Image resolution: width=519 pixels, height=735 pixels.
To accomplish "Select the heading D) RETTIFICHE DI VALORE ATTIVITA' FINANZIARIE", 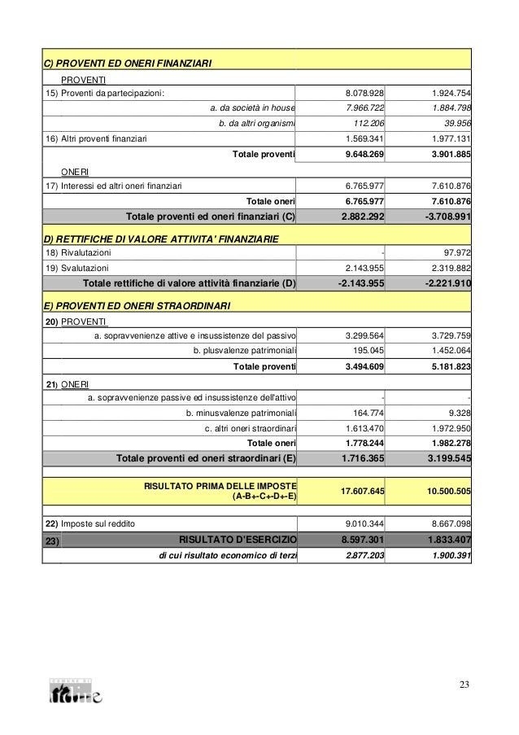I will tap(161, 239).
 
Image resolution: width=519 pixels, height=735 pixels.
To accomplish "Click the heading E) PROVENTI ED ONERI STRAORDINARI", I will tap(137, 306).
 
